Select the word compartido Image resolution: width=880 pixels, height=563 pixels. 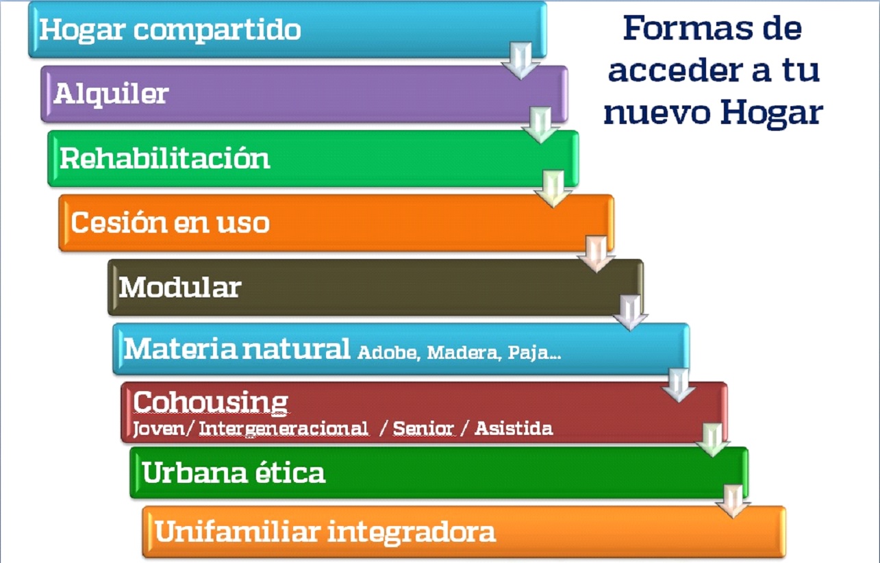coord(217,31)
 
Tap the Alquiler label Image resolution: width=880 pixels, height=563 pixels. coord(111,95)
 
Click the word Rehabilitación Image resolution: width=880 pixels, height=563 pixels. coord(164,158)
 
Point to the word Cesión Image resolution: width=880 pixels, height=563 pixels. coord(118,223)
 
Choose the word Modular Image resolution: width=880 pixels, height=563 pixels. coord(179,287)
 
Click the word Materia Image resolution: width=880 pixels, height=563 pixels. coord(180,348)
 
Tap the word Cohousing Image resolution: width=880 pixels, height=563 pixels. coord(210,402)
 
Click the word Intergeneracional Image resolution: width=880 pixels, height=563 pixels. coord(284,428)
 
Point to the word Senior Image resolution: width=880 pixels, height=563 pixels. coord(423,428)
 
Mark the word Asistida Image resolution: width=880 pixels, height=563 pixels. coord(514,428)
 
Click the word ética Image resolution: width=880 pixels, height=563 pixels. coord(290,472)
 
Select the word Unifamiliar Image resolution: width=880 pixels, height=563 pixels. coord(237,531)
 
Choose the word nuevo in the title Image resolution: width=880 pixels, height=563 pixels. coord(657,113)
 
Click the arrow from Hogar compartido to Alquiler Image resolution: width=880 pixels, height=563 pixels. coord(520,60)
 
